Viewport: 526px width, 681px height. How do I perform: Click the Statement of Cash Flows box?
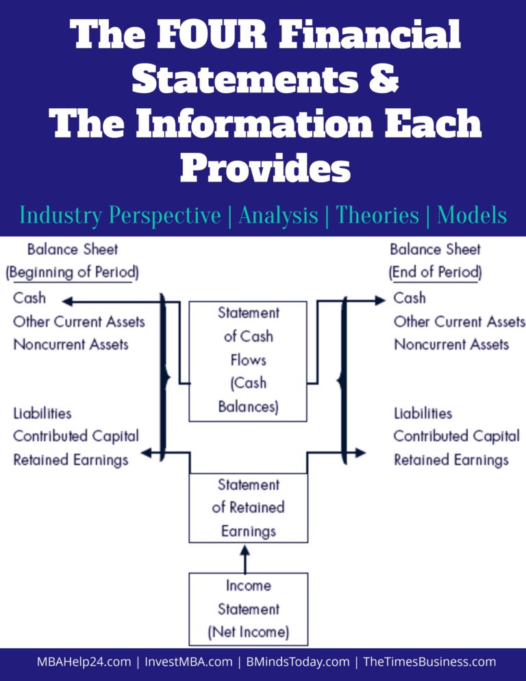248,360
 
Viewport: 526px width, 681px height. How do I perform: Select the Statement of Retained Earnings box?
248,508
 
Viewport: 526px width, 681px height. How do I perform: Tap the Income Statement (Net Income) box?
248,609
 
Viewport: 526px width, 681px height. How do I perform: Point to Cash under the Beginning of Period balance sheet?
29,299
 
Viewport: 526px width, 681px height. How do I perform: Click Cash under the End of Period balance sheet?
410,299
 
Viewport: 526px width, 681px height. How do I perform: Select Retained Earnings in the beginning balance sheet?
71,460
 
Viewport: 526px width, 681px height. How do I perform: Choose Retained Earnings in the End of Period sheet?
451,460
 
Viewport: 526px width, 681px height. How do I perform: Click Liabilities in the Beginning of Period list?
42,413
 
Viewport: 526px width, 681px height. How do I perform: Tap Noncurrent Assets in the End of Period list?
451,344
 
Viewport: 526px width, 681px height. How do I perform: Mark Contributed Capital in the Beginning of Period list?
76,436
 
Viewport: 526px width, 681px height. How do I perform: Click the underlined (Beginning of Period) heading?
72,273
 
